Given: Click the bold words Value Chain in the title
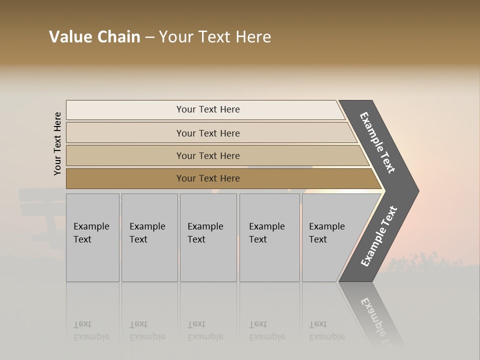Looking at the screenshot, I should click(94, 37).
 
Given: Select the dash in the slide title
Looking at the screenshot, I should click(149, 37).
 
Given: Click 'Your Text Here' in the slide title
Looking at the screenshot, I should click(215, 37).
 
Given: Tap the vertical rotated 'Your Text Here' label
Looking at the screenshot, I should click(57, 143).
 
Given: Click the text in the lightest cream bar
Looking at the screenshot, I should click(208, 109).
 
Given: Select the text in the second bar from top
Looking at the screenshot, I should click(208, 133).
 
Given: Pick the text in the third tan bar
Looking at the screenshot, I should click(208, 155).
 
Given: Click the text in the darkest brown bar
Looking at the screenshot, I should click(208, 178).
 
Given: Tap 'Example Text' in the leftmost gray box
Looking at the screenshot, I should click(91, 232).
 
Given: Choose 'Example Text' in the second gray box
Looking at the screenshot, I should click(147, 232).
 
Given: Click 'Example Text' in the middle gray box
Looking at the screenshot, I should click(205, 232).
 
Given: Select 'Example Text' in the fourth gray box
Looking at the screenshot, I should click(266, 232).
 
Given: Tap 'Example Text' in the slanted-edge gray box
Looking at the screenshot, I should click(326, 232).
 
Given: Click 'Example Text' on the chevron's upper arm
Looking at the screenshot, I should click(377, 142).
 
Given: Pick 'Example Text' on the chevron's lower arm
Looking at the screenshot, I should click(379, 236).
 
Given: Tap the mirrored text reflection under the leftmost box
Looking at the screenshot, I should click(91, 330).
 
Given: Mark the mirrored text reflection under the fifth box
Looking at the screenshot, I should click(326, 330).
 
